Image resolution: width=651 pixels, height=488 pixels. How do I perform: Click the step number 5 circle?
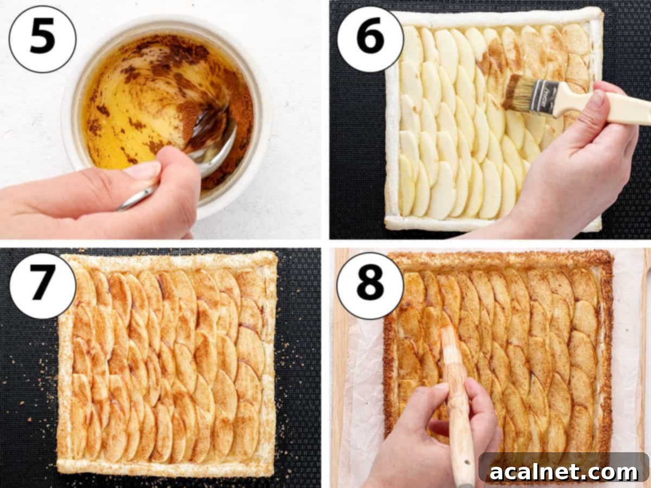(43, 38)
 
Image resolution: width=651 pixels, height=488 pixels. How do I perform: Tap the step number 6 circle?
(370, 39)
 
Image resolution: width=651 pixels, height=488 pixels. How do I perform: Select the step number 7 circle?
(43, 286)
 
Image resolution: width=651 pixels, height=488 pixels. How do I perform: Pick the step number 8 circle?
(370, 286)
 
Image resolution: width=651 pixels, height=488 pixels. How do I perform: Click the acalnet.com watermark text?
(564, 471)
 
